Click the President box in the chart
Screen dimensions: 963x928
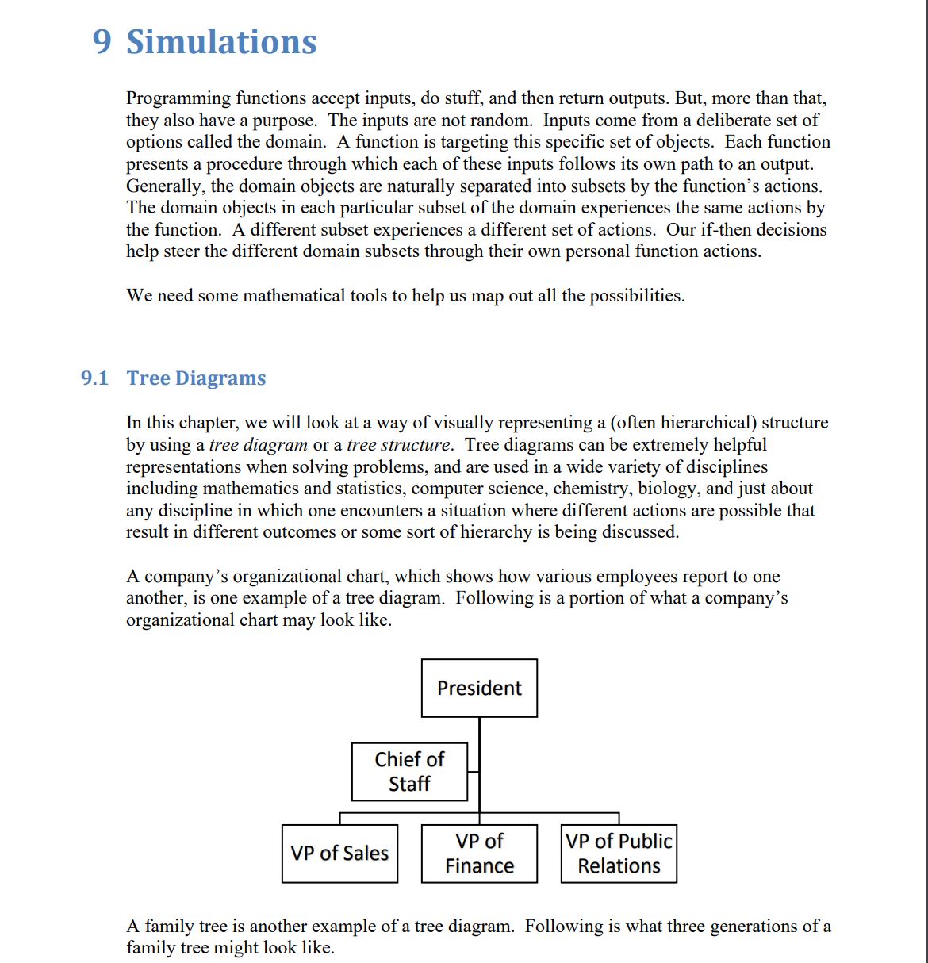479,688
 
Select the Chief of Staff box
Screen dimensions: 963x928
409,772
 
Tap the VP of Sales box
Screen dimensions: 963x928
339,854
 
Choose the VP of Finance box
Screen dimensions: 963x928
479,854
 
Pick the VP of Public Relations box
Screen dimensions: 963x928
619,854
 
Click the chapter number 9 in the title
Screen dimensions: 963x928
102,42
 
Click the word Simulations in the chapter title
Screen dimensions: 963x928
222,42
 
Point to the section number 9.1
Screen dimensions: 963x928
94,378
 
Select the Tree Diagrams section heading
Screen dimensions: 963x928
197,378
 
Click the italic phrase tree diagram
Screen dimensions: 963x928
258,445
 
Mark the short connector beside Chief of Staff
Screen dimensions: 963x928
473,771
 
